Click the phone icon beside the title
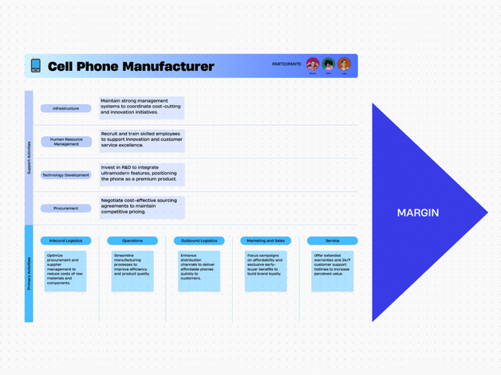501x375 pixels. click(35, 66)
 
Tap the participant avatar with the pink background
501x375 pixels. click(313, 64)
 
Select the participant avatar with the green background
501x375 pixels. click(328, 64)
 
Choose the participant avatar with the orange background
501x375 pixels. click(344, 64)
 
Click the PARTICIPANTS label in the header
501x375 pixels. click(286, 64)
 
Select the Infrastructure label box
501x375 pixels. click(66, 108)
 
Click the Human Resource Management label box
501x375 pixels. click(66, 142)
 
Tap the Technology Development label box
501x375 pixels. click(66, 175)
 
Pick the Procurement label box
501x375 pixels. click(66, 209)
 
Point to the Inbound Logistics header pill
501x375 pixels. click(65, 240)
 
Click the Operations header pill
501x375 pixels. click(132, 240)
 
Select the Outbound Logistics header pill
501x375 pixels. click(199, 240)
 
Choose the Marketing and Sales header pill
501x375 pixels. click(266, 240)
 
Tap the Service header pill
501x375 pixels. click(332, 240)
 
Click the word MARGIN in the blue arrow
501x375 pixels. click(418, 213)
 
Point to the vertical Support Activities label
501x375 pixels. click(29, 158)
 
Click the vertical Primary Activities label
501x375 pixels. click(29, 273)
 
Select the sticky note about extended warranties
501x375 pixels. click(332, 271)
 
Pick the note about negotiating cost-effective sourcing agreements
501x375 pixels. click(141, 207)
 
